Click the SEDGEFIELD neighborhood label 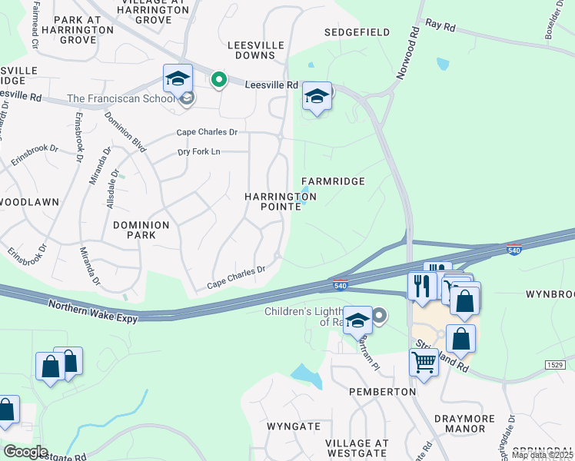pos(357,32)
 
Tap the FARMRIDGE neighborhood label pos(333,181)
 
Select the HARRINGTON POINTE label pos(281,203)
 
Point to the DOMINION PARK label pos(141,230)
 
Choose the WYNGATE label pos(293,426)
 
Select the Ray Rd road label pos(440,25)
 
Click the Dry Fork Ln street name pos(199,152)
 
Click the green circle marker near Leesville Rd pos(219,80)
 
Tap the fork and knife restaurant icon pos(421,287)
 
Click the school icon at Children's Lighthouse pos(357,320)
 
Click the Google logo pos(25,451)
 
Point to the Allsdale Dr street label pos(114,184)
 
